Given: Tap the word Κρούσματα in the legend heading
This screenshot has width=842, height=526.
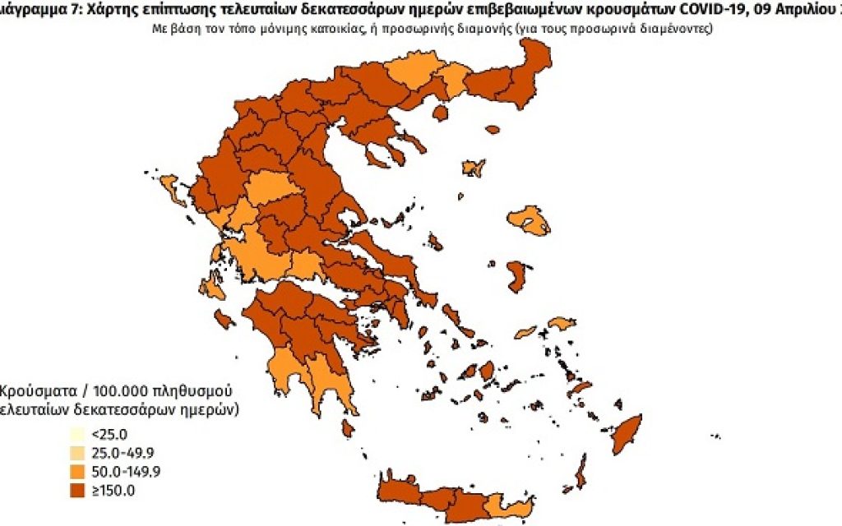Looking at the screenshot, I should tap(34, 389).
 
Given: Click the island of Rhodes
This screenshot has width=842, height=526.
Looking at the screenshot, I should tap(627, 433).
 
